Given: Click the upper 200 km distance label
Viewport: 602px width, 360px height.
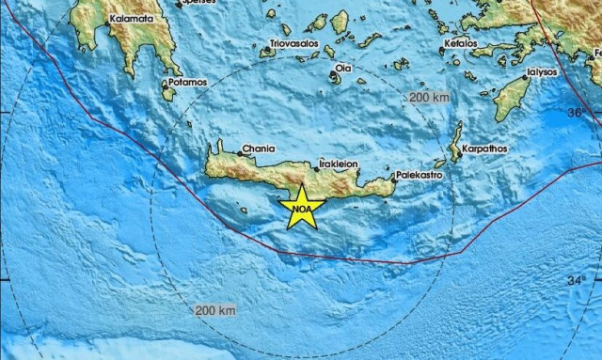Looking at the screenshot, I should click(428, 97).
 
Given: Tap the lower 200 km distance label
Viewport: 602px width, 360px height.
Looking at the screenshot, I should click(215, 310).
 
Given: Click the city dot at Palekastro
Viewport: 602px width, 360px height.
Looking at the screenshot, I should click(393, 176).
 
